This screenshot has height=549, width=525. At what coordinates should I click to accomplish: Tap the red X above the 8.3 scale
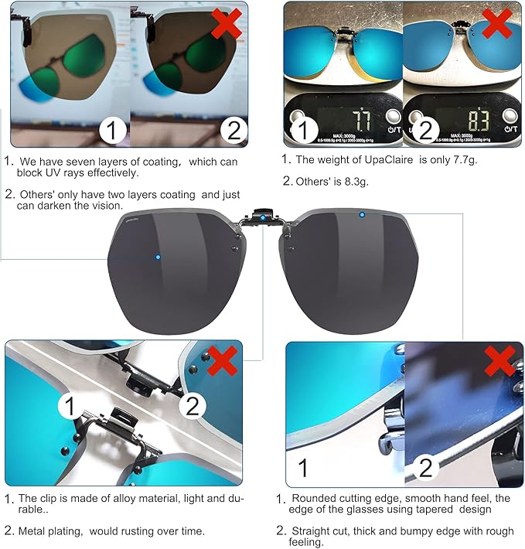pos(499,24)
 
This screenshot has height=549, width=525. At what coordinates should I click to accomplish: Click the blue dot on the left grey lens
pos(158,257)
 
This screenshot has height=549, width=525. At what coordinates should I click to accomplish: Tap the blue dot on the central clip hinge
pos(263,217)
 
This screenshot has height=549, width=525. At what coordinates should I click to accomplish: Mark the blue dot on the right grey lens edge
pos(362,213)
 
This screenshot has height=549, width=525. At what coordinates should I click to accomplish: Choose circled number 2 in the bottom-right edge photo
pos(425,467)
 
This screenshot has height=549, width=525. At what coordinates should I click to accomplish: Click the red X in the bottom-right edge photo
pos(500,361)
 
